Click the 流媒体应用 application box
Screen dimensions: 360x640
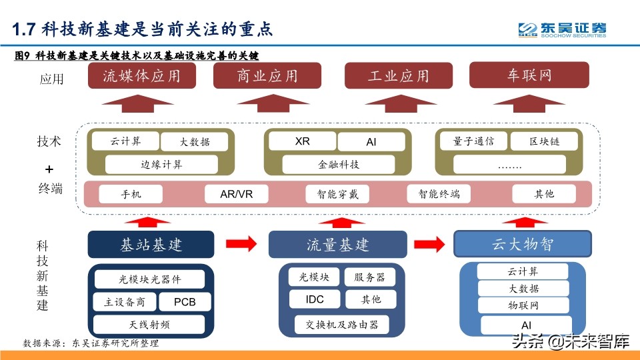tap(141, 76)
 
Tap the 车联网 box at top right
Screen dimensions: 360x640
tap(529, 75)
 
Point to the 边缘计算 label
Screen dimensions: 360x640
tap(161, 164)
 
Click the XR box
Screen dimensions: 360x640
tap(302, 142)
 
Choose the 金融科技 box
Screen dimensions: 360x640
tap(338, 164)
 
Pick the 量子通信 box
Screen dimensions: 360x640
tap(473, 141)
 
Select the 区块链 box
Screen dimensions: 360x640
tap(545, 141)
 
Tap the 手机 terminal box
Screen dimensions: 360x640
tap(131, 194)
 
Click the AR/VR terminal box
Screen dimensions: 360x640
tap(236, 194)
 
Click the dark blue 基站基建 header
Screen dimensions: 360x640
tap(151, 244)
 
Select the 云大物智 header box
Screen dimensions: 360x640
tap(523, 244)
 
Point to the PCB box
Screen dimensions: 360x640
tap(185, 302)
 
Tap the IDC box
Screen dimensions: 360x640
tap(315, 299)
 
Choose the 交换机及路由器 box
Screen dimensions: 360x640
tap(342, 324)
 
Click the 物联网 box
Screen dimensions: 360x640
tap(523, 305)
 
